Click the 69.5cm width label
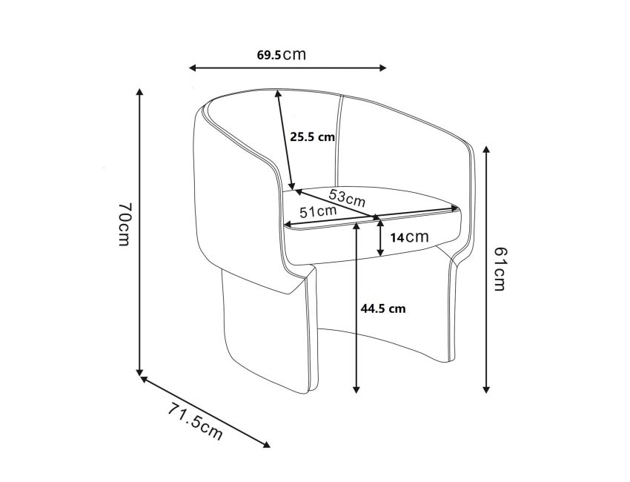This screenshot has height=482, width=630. coord(282,55)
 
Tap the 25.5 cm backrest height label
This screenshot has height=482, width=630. coord(312,136)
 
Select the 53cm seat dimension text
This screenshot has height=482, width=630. coord(347,198)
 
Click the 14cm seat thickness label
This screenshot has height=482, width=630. coord(409,237)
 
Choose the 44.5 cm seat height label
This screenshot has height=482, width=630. coord(382,308)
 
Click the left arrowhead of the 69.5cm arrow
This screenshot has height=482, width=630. coord(192,67)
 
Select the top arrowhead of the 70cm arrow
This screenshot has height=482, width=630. coord(139,93)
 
